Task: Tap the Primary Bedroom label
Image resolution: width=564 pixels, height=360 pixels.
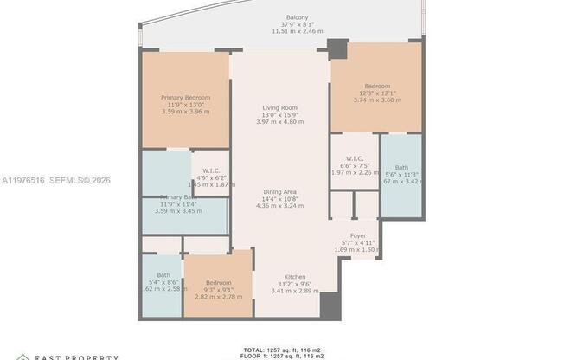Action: (185, 98)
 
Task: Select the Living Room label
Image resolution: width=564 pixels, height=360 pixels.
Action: (280, 107)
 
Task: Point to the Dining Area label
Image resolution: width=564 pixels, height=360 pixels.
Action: (280, 191)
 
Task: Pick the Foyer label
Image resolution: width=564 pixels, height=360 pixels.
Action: (357, 235)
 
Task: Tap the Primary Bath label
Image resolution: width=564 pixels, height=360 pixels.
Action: (185, 197)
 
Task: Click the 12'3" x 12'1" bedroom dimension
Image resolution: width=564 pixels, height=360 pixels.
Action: (377, 93)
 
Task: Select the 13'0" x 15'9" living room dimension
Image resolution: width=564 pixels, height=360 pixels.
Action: (280, 114)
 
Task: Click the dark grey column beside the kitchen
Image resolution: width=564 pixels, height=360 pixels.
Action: (329, 305)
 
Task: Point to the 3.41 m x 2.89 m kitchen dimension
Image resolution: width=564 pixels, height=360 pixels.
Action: (295, 291)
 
